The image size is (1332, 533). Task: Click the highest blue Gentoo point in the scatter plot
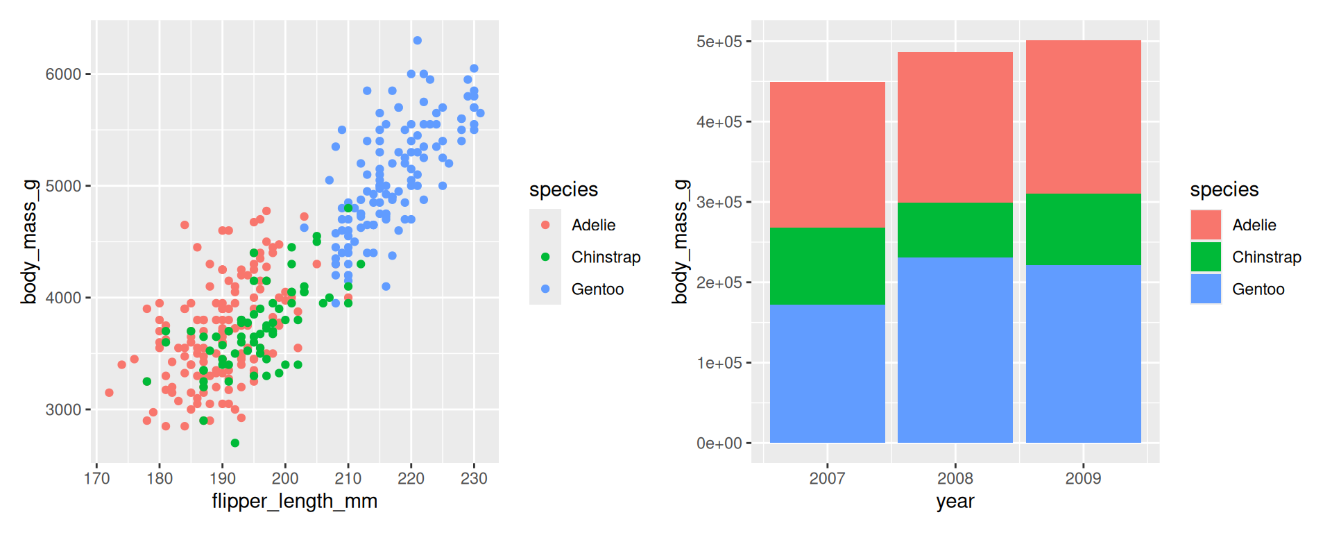[x=417, y=40]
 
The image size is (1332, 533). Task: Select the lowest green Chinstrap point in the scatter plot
[x=235, y=443]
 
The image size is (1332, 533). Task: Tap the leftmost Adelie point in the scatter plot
[x=109, y=393]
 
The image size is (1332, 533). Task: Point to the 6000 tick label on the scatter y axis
[x=63, y=74]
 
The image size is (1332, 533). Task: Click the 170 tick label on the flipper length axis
[x=96, y=478]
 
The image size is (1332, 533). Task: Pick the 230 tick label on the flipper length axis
[x=474, y=478]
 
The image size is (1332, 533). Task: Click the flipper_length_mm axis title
[x=295, y=501]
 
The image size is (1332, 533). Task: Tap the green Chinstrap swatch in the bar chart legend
[x=1206, y=257]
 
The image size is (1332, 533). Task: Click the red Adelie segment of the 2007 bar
[x=827, y=154]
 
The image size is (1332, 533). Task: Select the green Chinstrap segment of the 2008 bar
[x=955, y=230]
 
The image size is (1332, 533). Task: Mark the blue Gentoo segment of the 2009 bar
[x=1083, y=353]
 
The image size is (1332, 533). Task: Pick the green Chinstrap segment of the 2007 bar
[x=827, y=266]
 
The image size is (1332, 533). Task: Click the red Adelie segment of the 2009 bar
[x=1083, y=117]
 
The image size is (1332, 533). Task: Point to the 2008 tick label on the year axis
[x=955, y=478]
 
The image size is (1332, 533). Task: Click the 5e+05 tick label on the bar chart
[x=719, y=42]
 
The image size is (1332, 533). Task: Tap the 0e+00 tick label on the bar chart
[x=719, y=443]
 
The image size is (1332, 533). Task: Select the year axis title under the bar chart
[x=955, y=501]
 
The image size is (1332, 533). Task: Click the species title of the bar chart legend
[x=1224, y=189]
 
